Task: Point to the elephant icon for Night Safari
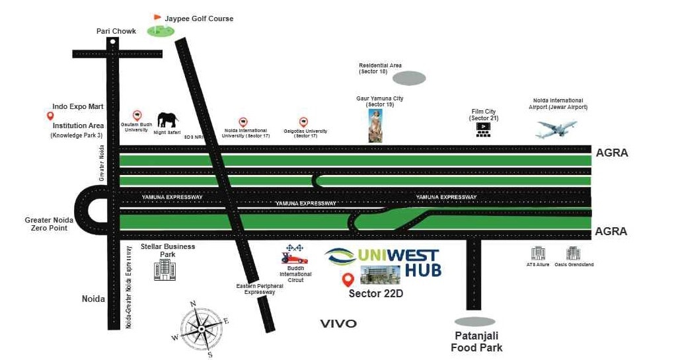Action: pos(167,120)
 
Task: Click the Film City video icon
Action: pos(484,129)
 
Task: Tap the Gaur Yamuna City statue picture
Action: pos(376,126)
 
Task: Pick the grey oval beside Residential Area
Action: pos(408,79)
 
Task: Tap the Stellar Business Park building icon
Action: pos(165,270)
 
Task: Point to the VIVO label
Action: pos(338,324)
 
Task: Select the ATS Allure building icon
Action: pos(538,253)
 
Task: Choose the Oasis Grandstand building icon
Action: pos(573,253)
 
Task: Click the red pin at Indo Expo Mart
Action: pos(50,116)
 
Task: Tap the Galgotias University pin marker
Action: pos(303,122)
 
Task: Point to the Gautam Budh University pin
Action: pos(137,116)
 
